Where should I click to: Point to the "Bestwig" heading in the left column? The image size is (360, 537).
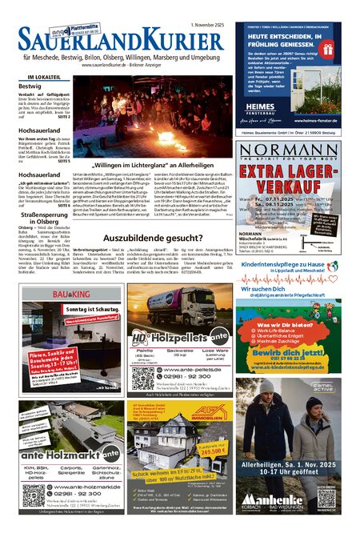[x=30, y=85]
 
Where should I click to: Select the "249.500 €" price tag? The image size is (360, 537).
[x=214, y=451]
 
